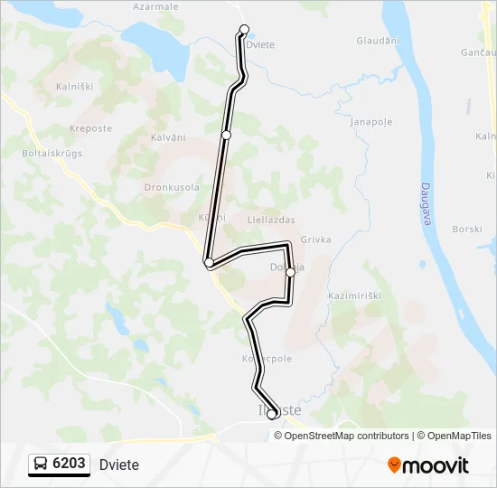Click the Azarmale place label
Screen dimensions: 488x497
click(155, 6)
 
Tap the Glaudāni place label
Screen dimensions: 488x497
click(378, 41)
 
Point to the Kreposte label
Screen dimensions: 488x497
click(90, 128)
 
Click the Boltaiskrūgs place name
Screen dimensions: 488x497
click(52, 153)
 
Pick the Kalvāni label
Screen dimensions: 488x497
click(167, 137)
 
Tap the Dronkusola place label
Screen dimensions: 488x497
click(172, 187)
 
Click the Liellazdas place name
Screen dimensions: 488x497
click(271, 220)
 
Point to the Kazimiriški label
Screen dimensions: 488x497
click(357, 296)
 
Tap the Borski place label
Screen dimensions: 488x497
click(467, 230)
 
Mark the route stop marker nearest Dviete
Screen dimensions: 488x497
click(244, 29)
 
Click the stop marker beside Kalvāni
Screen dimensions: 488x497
click(226, 135)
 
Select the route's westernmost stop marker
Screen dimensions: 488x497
click(210, 262)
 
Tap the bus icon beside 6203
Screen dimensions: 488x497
click(42, 464)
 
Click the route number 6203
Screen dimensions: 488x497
click(70, 464)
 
